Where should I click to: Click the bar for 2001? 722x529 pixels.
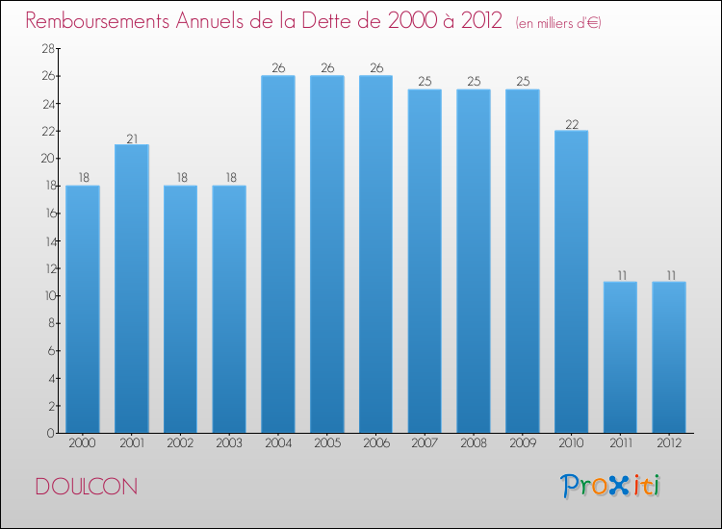[x=132, y=289]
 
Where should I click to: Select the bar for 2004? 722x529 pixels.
[x=278, y=255]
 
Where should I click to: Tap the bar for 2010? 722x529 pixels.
[x=571, y=282]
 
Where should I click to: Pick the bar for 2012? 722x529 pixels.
[x=669, y=357]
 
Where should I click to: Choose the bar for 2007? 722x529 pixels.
[x=425, y=262]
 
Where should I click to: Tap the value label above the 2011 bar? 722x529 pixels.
[x=620, y=275]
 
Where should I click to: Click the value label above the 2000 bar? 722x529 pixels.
[x=83, y=179]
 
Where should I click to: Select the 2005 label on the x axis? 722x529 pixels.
[x=327, y=444]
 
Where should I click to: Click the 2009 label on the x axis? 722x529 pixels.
[x=522, y=444]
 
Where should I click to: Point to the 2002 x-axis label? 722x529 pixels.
[x=181, y=444]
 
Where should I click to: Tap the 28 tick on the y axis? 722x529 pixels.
[x=47, y=48]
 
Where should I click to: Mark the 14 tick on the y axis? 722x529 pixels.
[x=47, y=240]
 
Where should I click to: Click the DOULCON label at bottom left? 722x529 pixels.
[x=86, y=487]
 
